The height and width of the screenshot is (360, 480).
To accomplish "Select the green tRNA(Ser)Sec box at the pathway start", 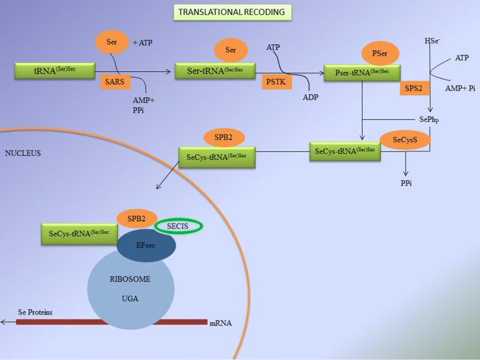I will coord(45,71).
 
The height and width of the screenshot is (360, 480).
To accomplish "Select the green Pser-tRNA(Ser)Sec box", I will coord(362,73).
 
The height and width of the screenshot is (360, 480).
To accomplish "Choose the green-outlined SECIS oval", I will coord(179,226).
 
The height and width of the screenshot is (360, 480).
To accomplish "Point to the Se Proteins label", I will coord(35,313).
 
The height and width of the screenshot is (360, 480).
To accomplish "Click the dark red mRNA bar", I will coord(112,321).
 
